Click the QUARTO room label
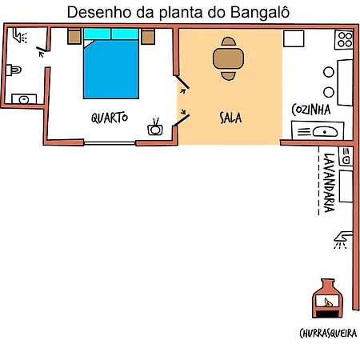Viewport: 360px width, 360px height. click(110, 118)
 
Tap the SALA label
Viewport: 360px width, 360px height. click(230, 118)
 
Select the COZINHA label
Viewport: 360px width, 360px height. click(311, 110)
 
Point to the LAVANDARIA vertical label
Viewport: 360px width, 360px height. click(329, 182)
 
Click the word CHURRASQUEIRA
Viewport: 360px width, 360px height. click(328, 333)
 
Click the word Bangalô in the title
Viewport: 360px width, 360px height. click(260, 12)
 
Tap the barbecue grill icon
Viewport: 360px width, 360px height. click(327, 298)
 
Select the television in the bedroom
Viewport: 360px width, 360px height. click(155, 127)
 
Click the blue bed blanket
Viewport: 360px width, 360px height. click(111, 69)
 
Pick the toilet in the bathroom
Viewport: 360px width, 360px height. click(14, 70)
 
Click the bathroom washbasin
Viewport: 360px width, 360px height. click(24, 99)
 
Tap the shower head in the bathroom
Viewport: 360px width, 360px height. click(20, 36)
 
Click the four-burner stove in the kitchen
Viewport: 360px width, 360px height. click(344, 40)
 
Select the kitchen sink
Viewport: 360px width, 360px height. click(318, 130)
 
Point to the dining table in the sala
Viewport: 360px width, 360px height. click(228, 58)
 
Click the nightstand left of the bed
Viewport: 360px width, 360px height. click(74, 36)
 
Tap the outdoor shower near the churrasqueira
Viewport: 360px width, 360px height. click(342, 240)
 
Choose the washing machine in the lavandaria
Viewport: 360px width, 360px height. click(346, 157)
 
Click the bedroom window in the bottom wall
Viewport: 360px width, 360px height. click(110, 143)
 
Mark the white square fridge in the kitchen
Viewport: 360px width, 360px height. click(294, 38)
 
